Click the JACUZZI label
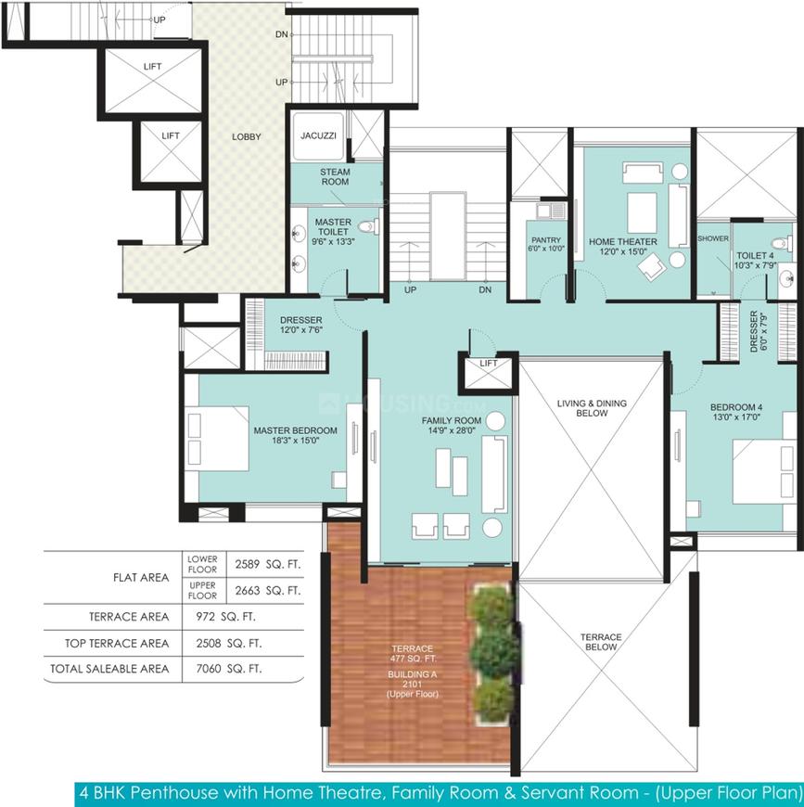[x=318, y=135]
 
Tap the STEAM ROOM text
[x=335, y=176]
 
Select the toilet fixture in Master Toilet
[x=368, y=226]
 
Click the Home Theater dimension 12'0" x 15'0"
[x=622, y=251]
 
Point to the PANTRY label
[x=546, y=240]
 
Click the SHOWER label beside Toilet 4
[x=713, y=238]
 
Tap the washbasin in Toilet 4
[x=787, y=279]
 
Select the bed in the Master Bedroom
[x=217, y=438]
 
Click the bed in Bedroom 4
[x=764, y=471]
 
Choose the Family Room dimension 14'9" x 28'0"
[x=451, y=430]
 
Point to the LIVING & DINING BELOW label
[x=592, y=408]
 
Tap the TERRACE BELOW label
[x=601, y=642]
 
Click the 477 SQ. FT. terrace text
[x=413, y=659]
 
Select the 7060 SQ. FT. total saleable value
[x=229, y=669]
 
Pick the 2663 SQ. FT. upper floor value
[x=267, y=590]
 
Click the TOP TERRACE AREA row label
[x=117, y=644]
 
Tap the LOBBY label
[x=247, y=136]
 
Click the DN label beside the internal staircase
[x=485, y=289]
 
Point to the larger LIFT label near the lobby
[x=152, y=67]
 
